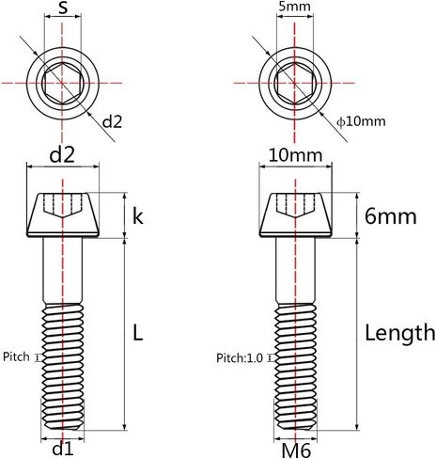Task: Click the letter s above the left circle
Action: [63, 8]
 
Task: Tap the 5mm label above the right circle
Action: [294, 7]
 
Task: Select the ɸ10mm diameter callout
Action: [361, 121]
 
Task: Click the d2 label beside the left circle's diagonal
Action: [112, 121]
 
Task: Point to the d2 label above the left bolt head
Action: [62, 155]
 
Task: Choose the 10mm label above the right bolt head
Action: [296, 155]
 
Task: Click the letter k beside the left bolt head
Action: [138, 216]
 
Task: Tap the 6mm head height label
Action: [391, 216]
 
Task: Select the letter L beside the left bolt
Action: [138, 333]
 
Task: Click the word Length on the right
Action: [400, 334]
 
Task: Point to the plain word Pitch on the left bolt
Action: [16, 356]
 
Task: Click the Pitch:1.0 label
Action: [240, 357]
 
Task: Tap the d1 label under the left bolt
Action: [63, 450]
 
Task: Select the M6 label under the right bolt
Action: [296, 451]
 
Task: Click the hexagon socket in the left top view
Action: [63, 83]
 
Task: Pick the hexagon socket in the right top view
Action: [295, 83]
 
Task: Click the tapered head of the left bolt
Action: [63, 215]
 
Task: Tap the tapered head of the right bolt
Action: [295, 215]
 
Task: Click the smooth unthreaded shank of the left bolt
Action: [63, 270]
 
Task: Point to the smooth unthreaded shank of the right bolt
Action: [295, 270]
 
